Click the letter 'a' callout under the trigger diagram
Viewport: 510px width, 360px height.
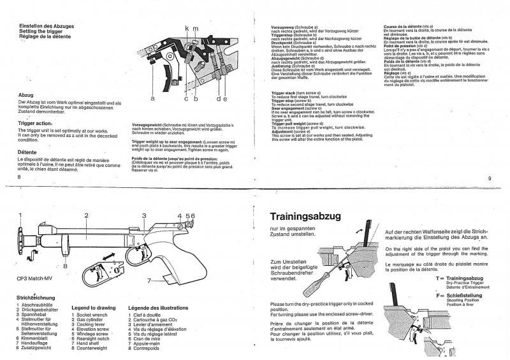(x=153, y=99)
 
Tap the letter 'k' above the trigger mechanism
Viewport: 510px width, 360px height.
(x=187, y=29)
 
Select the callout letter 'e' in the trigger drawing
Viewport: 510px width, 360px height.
(x=224, y=99)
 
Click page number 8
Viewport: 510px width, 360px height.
(x=20, y=178)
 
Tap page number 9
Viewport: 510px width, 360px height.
(x=489, y=178)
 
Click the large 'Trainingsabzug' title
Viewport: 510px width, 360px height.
(x=305, y=216)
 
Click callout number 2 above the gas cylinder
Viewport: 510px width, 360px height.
(x=86, y=216)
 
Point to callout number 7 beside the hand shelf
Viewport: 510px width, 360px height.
(x=149, y=280)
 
